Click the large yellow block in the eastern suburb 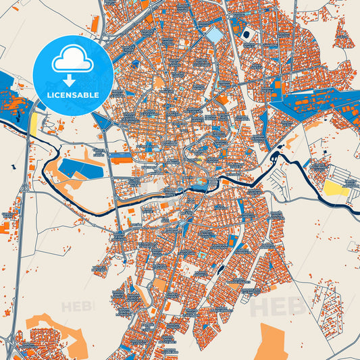click(336, 188)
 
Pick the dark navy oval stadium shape click(246, 34)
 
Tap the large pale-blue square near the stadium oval click(214, 34)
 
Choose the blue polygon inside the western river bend click(80, 168)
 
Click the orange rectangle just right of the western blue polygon click(122, 160)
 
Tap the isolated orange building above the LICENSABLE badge click(95, 22)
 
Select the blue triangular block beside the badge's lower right click(103, 122)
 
